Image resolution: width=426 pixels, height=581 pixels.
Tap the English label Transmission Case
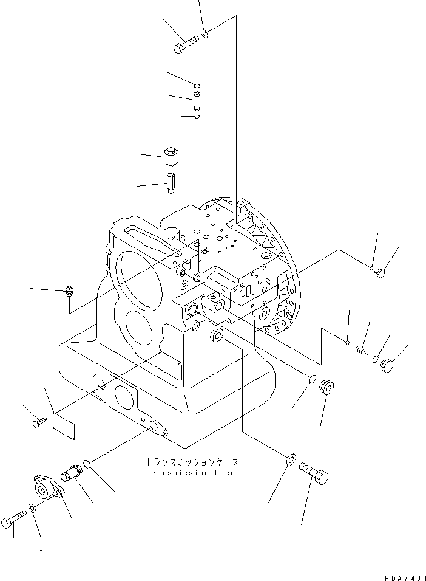(x=190, y=473)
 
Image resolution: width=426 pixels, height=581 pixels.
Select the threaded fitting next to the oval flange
(x=72, y=473)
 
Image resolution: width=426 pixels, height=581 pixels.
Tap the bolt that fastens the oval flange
(x=15, y=521)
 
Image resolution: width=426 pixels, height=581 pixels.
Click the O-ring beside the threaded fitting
(x=88, y=465)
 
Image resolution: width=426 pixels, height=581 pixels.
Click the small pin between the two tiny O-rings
(x=197, y=98)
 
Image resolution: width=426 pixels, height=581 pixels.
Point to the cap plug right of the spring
(x=387, y=366)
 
